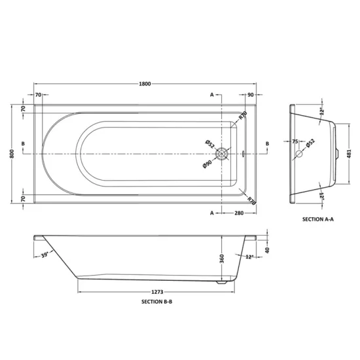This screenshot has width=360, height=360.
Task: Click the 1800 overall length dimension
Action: (145, 84)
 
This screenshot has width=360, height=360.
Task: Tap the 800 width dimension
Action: (12, 154)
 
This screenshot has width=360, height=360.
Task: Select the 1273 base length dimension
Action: (157, 292)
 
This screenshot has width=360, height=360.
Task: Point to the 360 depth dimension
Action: (222, 259)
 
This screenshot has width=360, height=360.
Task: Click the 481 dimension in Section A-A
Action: (350, 154)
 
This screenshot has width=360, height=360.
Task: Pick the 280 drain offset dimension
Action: (239, 213)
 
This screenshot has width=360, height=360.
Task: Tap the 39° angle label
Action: (45, 255)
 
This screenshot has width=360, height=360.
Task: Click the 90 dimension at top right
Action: (251, 95)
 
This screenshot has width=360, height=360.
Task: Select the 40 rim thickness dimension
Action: (267, 250)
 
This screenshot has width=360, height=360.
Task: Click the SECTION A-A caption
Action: (318, 219)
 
